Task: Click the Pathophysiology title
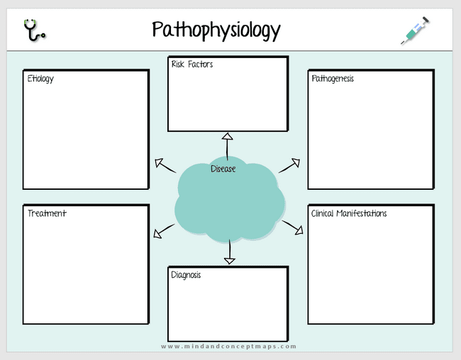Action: click(x=216, y=30)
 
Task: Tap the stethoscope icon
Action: click(x=34, y=30)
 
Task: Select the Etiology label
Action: click(x=40, y=79)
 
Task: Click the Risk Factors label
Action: click(x=191, y=64)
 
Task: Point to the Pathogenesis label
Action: click(x=333, y=79)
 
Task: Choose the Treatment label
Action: click(x=47, y=213)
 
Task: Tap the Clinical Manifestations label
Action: click(x=349, y=213)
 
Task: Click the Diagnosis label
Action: click(x=186, y=274)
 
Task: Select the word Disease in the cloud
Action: click(x=223, y=169)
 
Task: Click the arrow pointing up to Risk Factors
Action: click(x=227, y=145)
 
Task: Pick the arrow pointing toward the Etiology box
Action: click(x=166, y=165)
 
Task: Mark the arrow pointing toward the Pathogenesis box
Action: click(x=289, y=165)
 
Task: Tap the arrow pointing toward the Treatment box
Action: click(x=164, y=231)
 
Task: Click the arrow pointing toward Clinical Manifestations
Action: click(x=293, y=227)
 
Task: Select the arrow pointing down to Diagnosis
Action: click(x=229, y=252)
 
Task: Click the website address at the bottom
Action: click(x=228, y=347)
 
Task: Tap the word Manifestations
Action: click(x=362, y=213)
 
